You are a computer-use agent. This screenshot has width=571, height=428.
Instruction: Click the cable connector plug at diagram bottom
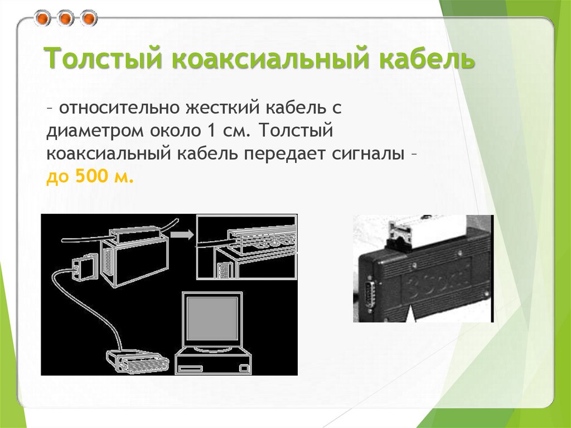[136, 362]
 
